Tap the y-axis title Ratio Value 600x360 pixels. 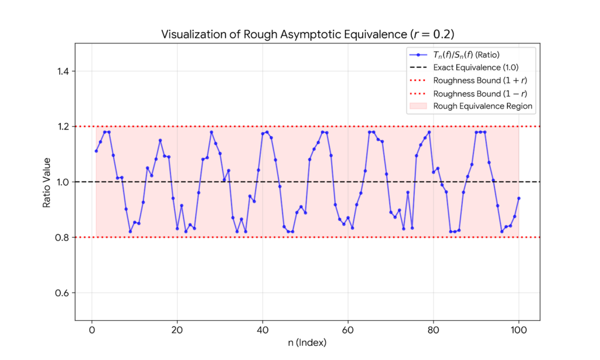coord(47,182)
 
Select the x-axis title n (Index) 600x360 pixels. coord(307,342)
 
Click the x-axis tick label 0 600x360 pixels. coord(92,330)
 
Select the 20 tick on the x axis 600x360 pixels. coord(177,330)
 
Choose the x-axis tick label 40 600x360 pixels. coord(262,330)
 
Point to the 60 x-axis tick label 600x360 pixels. coord(348,330)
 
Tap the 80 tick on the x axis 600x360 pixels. coord(434,330)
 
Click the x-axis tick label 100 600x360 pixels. coord(519,330)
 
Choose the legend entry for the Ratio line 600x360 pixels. coord(463,55)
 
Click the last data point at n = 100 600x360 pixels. coord(519,198)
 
